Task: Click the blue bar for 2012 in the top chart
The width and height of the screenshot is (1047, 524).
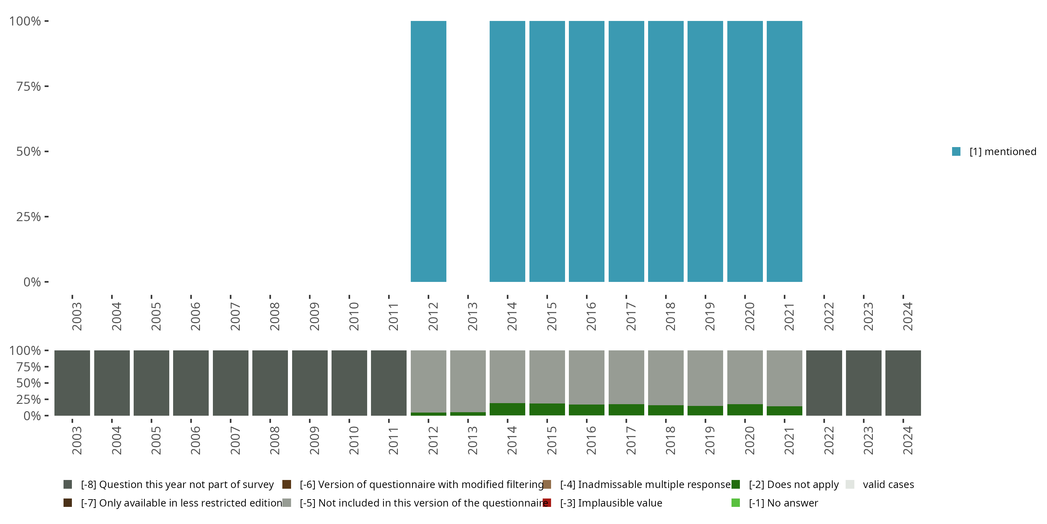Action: tap(428, 151)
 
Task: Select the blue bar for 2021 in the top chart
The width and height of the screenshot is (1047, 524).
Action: tap(785, 151)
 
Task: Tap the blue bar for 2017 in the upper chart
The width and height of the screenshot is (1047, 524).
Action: tap(626, 151)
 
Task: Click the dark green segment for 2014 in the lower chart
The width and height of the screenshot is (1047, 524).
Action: tap(507, 409)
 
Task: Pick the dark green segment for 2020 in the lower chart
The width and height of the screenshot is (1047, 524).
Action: tap(745, 410)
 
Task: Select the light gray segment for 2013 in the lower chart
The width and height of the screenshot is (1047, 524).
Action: tap(468, 381)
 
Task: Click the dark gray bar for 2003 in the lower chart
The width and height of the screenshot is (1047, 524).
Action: tap(72, 383)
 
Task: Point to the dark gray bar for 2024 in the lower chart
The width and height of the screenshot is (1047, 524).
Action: tap(903, 383)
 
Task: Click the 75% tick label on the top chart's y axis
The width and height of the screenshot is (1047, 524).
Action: tap(29, 87)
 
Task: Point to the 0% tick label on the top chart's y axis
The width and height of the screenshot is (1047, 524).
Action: tap(32, 282)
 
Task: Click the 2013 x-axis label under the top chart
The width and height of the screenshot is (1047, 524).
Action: tap(472, 316)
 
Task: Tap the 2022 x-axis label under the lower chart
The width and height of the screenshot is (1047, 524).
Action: tap(828, 440)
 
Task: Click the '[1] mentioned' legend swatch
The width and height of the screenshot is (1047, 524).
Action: tap(956, 152)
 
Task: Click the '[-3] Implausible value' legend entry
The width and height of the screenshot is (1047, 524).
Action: tap(611, 503)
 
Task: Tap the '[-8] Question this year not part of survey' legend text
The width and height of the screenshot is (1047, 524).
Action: tap(177, 485)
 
